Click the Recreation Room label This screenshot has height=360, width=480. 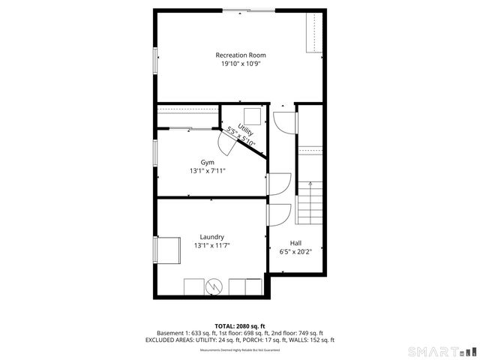[x=240, y=55]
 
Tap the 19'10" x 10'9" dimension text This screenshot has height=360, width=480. [x=240, y=64]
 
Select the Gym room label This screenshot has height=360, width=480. [x=207, y=162]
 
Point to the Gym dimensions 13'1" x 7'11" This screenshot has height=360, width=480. [x=207, y=171]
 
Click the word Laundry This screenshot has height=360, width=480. [x=211, y=237]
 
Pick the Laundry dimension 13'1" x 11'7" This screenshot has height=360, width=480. [x=211, y=246]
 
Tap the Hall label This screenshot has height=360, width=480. [x=295, y=242]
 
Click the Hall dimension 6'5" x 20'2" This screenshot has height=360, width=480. [x=295, y=252]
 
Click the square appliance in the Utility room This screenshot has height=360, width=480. [x=251, y=116]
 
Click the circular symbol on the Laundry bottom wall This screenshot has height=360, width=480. [x=215, y=286]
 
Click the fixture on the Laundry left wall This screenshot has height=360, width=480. [x=167, y=250]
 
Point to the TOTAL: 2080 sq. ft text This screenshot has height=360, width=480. [x=240, y=325]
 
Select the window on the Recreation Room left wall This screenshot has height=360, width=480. [x=156, y=59]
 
